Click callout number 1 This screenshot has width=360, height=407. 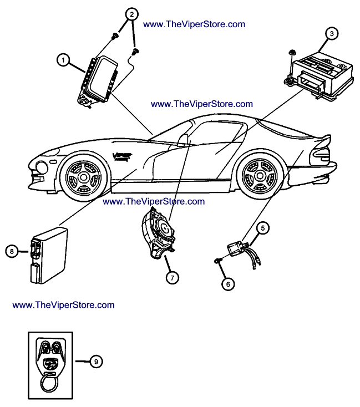coord(64,60)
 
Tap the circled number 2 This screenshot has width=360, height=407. coord(131,14)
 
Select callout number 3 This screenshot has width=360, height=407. coord(331,33)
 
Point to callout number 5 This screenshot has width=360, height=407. coord(263,227)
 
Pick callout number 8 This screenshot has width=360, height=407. coord(12,252)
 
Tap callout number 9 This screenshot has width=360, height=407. coord(95,362)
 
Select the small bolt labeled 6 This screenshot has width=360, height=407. coord(217,260)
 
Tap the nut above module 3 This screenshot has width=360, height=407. coord(291,53)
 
